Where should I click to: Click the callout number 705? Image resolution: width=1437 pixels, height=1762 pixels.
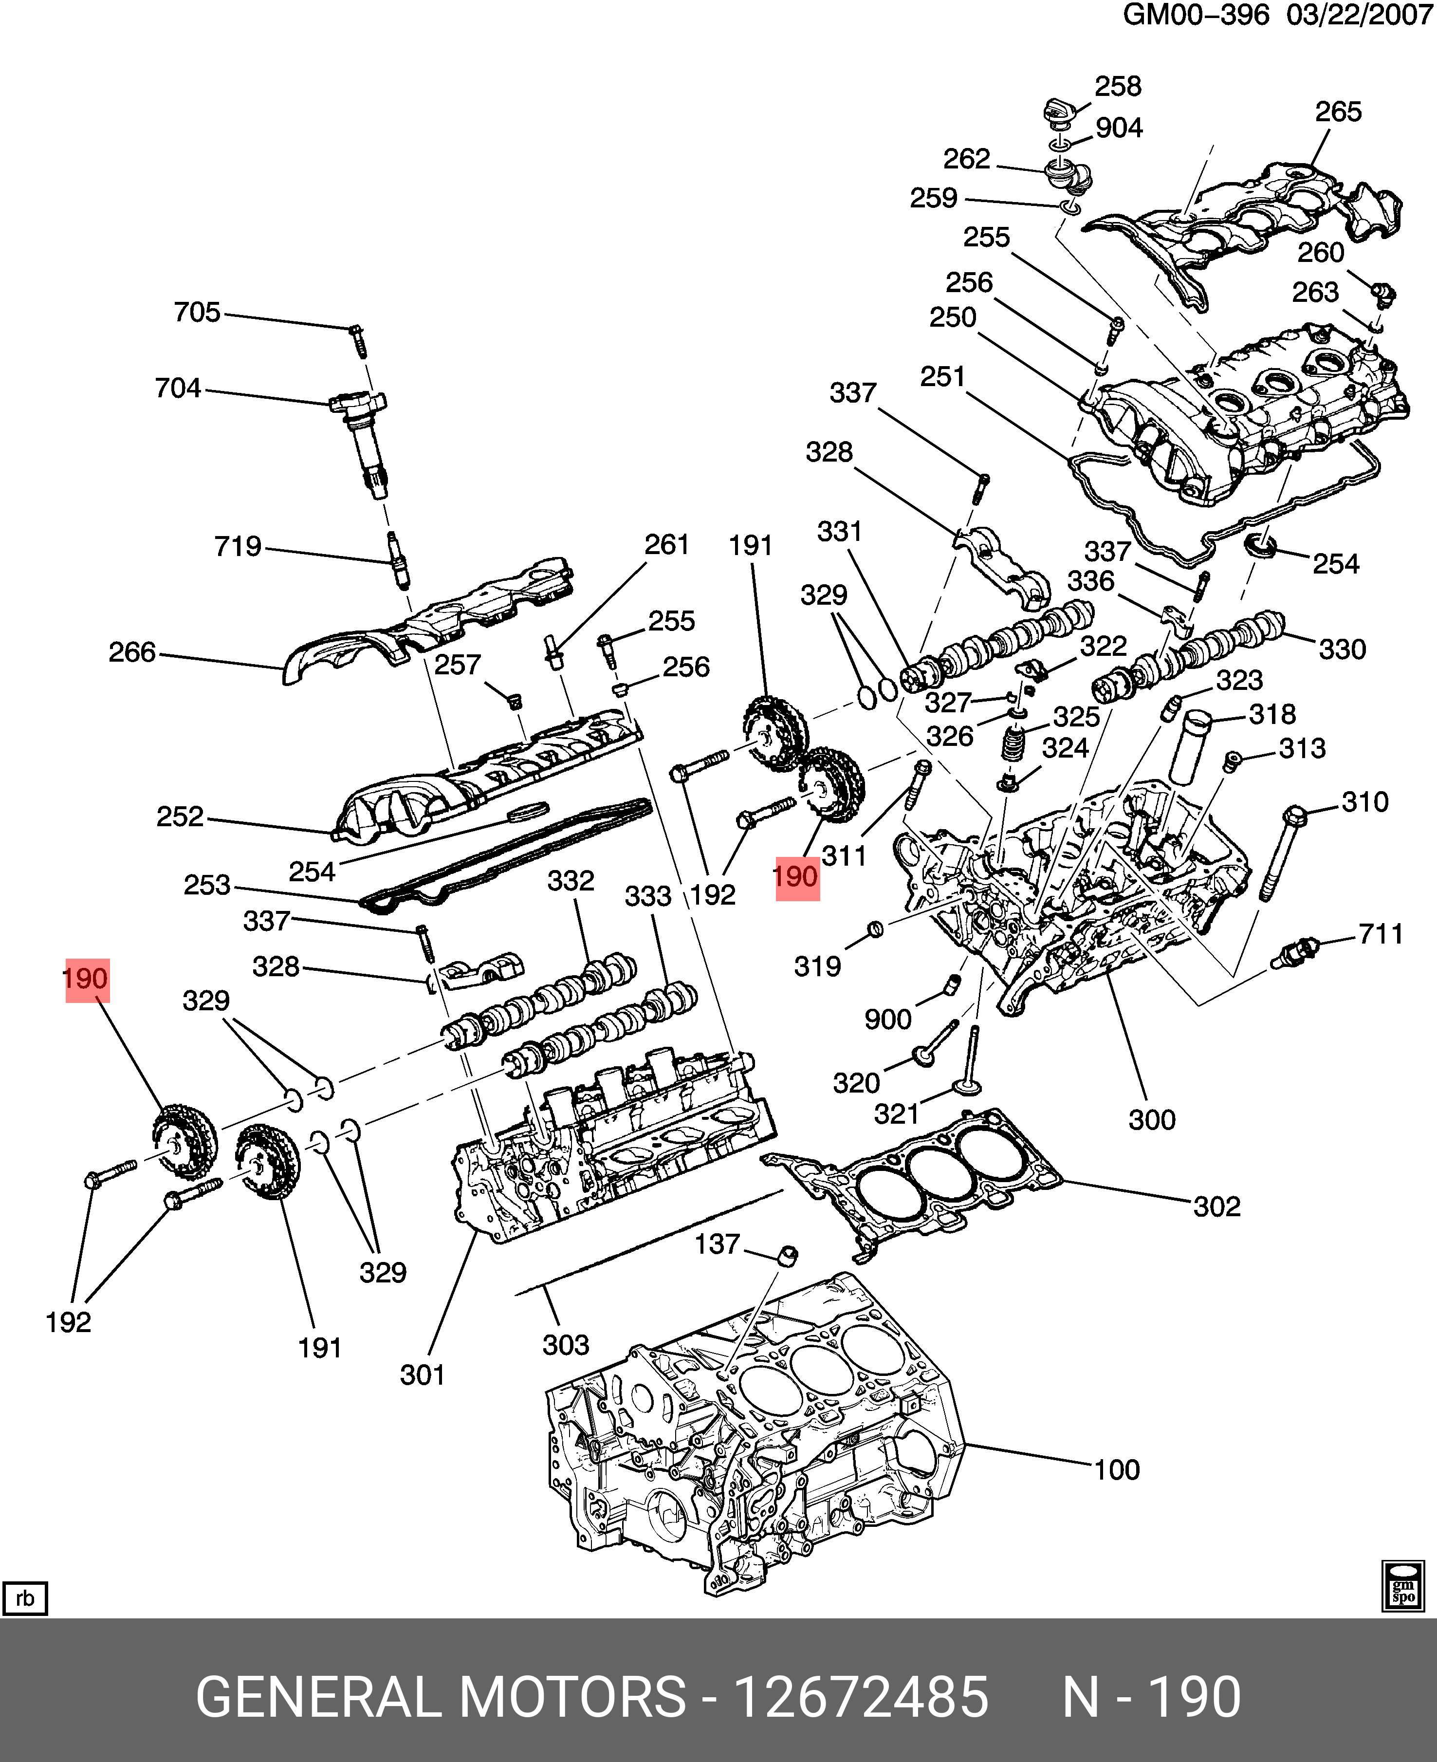(197, 312)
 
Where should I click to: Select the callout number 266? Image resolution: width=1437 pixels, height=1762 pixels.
(132, 652)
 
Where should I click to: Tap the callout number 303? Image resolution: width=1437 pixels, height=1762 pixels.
(565, 1345)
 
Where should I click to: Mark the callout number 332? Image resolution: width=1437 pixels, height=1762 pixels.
(571, 880)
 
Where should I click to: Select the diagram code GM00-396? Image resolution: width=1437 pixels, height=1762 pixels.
(1195, 15)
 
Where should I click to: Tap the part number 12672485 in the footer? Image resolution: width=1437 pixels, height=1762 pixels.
(861, 1697)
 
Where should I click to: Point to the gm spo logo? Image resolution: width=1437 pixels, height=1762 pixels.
(1403, 1586)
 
